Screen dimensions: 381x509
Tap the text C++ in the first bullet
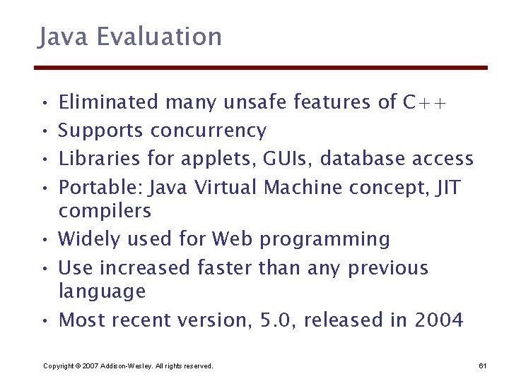pos(424,102)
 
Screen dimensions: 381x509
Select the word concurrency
pos(209,131)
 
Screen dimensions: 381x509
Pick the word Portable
pos(89,187)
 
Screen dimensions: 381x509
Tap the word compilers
pos(105,210)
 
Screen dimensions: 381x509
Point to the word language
pos(102,291)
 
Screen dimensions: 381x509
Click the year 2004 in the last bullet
pos(439,320)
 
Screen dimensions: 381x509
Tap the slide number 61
pos(483,365)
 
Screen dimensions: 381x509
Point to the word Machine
pos(303,187)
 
